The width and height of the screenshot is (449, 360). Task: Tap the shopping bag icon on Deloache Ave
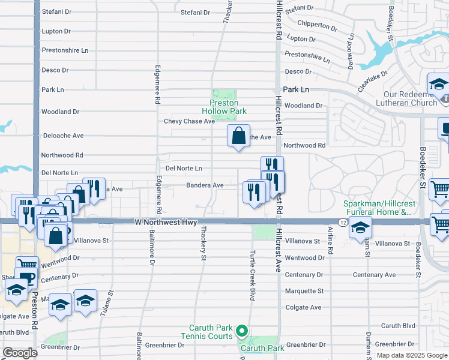(238, 136)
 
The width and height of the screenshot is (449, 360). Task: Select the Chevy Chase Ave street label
(189, 121)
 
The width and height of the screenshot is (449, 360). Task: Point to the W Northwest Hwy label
(165, 223)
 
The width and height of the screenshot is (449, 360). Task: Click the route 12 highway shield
(342, 223)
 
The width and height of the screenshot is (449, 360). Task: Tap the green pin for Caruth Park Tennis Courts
(241, 331)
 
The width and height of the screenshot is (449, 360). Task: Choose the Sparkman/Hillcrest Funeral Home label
(378, 208)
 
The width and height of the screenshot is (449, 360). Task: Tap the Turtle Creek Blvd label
(253, 275)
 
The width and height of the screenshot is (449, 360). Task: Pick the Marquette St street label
(304, 291)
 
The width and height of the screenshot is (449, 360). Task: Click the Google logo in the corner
(20, 353)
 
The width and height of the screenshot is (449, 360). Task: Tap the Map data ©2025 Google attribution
(411, 355)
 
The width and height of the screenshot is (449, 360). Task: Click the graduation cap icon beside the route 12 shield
(360, 227)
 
